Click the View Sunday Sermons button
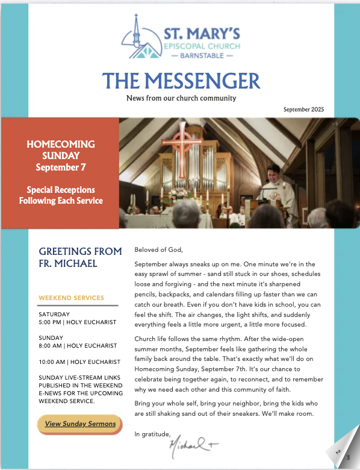[80, 424]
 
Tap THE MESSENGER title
[181, 80]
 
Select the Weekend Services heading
[71, 298]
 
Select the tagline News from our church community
[181, 98]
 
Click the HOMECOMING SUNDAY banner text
[61, 150]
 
